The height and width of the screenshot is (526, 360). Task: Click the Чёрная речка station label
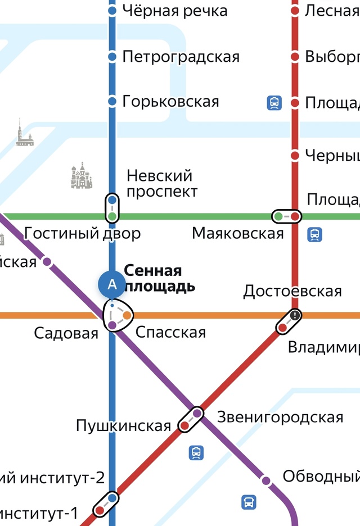[174, 11]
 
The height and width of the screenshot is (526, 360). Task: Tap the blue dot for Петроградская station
[112, 56]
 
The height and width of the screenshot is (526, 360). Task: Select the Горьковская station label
[170, 102]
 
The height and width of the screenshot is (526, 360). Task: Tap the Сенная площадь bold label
[160, 278]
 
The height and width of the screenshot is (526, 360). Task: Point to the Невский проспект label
[162, 183]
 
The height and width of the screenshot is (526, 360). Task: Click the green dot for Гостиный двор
[112, 216]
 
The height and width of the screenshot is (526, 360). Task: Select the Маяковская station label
[238, 233]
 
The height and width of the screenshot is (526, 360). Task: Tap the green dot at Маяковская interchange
[278, 216]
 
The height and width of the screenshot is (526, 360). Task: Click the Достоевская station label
[292, 291]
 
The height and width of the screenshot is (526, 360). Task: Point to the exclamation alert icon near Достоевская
[295, 315]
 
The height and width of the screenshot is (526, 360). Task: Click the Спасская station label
[171, 332]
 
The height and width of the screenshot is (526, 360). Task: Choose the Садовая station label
[66, 333]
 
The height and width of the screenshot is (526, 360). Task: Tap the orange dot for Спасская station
[127, 315]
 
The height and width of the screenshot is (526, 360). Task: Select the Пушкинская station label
[123, 426]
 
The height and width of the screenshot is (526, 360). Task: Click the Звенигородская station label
[280, 417]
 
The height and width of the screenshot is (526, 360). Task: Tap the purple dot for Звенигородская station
[197, 414]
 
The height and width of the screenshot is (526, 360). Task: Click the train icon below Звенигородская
[196, 452]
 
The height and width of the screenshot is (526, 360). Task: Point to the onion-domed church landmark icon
[82, 176]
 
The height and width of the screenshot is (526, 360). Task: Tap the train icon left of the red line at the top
[274, 102]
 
